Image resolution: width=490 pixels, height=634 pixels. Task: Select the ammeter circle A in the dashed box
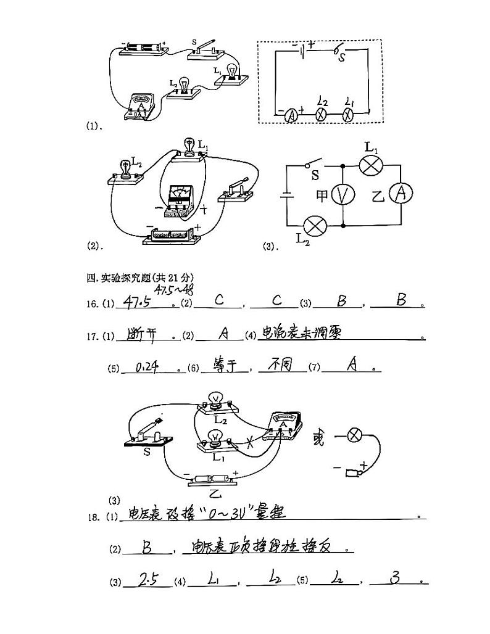coord(291,115)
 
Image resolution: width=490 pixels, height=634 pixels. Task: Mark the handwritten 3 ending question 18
coord(396,579)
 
